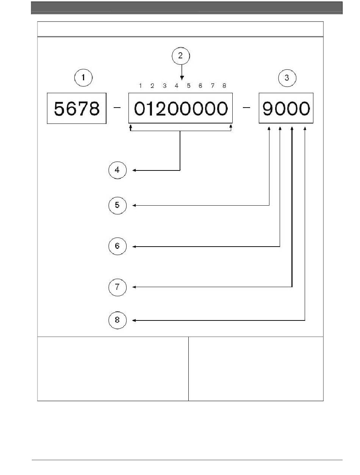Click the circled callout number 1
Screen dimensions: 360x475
pos(83,78)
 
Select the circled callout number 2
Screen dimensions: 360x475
pos(181,56)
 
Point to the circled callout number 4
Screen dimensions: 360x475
pos(117,170)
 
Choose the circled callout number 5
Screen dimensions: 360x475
pos(117,205)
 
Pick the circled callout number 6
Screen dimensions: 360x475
pos(117,246)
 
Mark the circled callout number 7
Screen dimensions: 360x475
pos(117,287)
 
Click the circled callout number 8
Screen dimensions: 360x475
pos(117,320)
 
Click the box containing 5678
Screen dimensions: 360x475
pos(77,108)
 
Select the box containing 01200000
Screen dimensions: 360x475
pos(181,108)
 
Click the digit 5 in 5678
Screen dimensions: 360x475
pos(59,109)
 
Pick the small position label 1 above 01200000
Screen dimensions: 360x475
pos(140,86)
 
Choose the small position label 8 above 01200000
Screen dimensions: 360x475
pos(224,86)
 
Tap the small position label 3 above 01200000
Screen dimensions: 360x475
pos(164,86)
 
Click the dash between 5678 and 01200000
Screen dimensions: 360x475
pos(117,108)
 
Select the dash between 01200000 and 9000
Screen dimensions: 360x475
pos(246,108)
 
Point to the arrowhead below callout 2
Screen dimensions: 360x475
pos(182,78)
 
